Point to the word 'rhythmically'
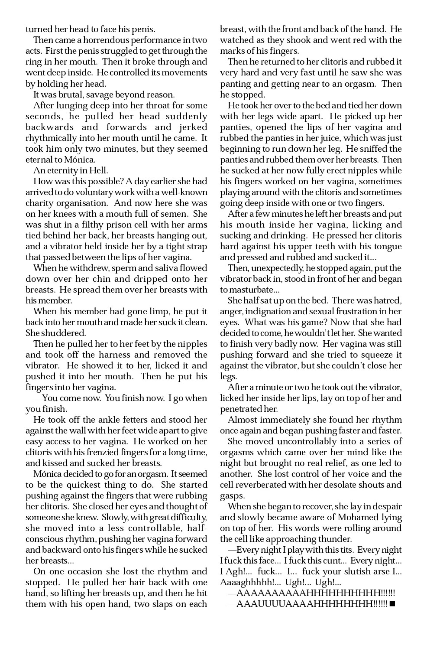click(x=53, y=138)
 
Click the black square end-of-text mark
click(x=392, y=604)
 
